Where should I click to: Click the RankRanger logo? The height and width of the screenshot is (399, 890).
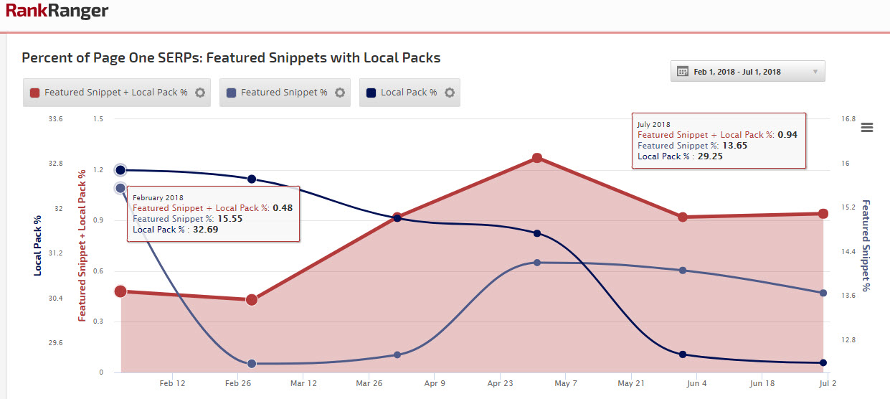57,11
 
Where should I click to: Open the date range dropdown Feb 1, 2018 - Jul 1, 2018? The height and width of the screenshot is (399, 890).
747,72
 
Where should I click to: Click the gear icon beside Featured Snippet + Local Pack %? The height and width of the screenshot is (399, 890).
200,93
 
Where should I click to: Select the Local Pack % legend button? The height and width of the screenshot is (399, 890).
409,93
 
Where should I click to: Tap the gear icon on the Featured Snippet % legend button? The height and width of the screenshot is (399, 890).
340,93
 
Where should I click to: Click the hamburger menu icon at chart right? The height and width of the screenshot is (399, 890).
866,128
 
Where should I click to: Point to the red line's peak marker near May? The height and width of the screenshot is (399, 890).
536,158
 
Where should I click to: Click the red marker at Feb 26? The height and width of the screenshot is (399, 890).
252,299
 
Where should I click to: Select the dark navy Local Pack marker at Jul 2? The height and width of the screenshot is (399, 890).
823,363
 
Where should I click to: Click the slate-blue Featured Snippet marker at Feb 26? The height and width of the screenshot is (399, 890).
252,364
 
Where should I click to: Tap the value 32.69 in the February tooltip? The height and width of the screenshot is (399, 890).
205,230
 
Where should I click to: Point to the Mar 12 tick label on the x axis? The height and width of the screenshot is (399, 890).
303,384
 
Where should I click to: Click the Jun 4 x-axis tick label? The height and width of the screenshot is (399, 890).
696,384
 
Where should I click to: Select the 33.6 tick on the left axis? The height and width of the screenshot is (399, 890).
55,119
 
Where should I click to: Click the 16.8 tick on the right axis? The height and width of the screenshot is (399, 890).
848,119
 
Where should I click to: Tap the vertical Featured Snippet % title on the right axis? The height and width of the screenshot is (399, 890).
866,245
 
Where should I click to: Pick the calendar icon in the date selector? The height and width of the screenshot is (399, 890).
683,72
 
